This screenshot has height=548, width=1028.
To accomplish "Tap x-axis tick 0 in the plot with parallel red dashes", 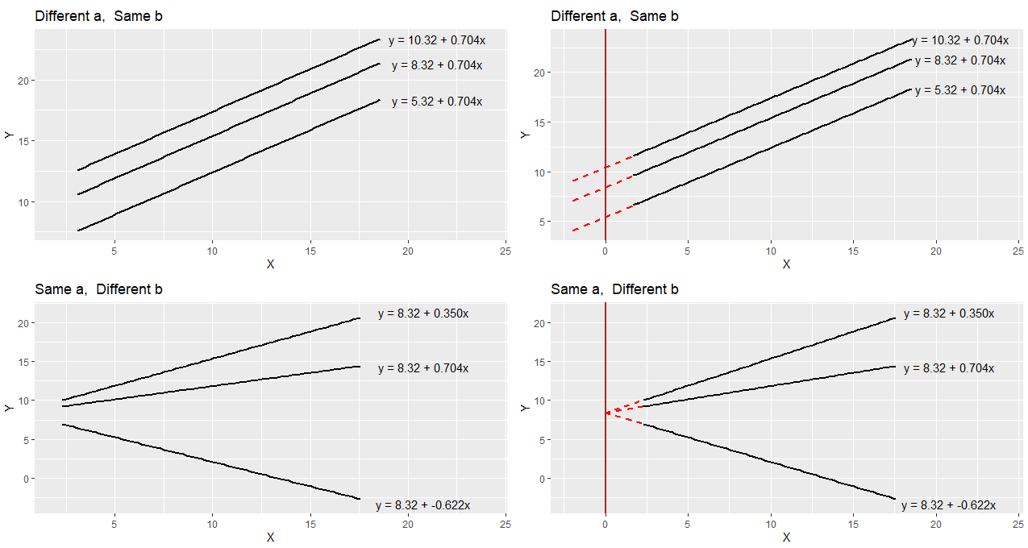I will click(x=605, y=251).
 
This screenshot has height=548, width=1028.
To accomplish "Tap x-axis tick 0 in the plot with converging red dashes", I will click(x=605, y=524).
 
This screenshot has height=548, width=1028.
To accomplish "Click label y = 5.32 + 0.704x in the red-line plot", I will click(x=959, y=90).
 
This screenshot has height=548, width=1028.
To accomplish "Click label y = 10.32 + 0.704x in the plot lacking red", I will click(x=436, y=39).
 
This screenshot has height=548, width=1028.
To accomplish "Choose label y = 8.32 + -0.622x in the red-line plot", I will click(x=948, y=505).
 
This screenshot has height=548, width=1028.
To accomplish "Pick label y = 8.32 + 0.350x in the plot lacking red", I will click(x=422, y=313).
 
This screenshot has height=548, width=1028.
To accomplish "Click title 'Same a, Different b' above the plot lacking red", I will click(x=98, y=289).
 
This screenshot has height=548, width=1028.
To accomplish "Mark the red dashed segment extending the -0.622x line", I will click(x=625, y=418).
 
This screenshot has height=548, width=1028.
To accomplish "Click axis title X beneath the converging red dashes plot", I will click(x=786, y=538).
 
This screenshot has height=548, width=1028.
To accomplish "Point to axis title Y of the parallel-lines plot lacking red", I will click(x=9, y=135).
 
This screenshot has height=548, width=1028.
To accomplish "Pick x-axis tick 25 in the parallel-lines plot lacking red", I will click(x=506, y=251).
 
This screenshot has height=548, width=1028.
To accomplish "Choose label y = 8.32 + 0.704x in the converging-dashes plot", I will click(x=948, y=368).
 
